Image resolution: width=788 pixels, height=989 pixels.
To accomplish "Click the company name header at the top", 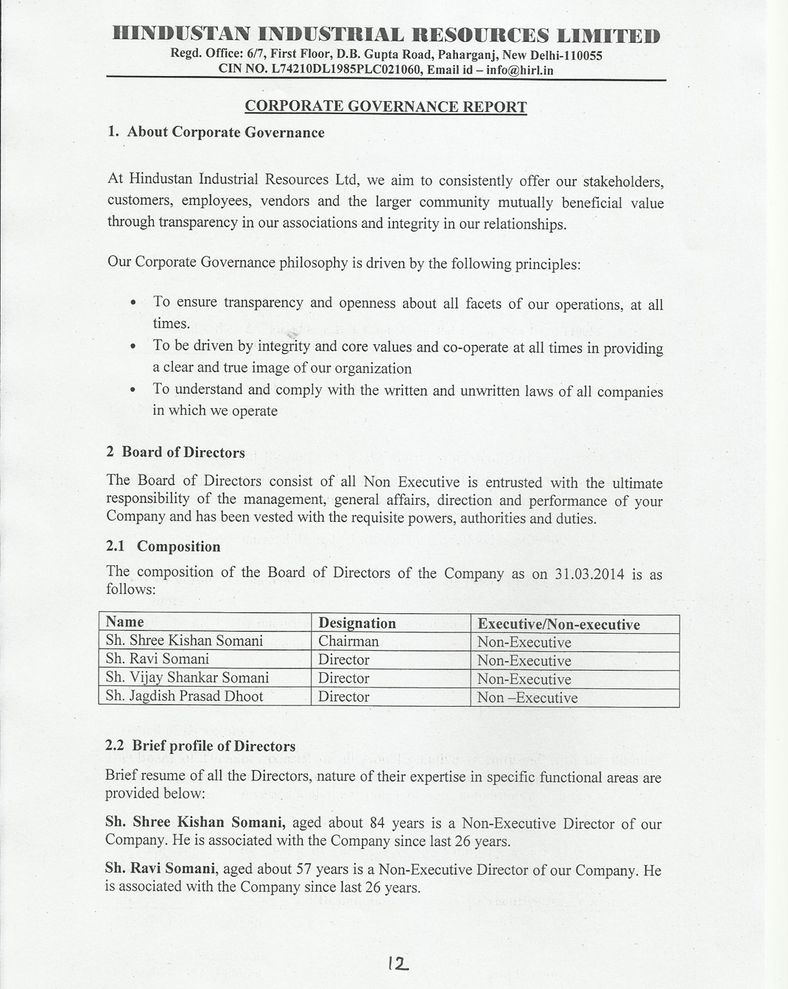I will click(x=386, y=35).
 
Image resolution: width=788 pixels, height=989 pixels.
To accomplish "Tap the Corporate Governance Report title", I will click(x=385, y=107).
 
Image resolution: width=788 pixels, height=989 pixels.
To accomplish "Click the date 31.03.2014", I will click(x=588, y=574).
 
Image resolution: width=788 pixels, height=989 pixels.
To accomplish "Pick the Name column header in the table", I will click(x=125, y=622).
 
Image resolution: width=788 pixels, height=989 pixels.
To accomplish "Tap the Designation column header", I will click(x=357, y=623).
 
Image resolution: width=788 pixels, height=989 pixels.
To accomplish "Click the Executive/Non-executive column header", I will click(x=558, y=625).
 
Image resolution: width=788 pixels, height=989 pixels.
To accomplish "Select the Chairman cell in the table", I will click(x=348, y=641).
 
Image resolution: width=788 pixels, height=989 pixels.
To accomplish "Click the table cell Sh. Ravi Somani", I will click(x=157, y=659).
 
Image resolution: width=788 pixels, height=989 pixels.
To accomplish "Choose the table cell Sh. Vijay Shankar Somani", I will click(x=187, y=677).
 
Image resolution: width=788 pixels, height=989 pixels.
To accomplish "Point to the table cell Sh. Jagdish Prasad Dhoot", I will click(x=184, y=696).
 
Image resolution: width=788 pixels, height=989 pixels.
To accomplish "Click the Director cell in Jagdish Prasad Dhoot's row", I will click(x=344, y=696).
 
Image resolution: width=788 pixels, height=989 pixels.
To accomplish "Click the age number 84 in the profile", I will click(x=378, y=823).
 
